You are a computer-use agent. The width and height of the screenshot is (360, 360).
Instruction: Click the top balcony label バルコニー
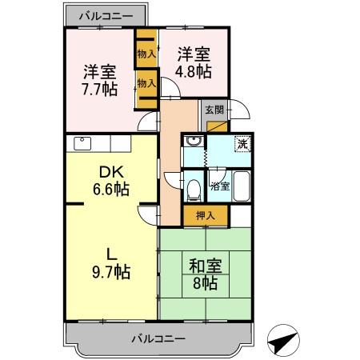pos(107,15)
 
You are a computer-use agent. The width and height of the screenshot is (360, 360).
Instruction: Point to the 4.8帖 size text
pos(194,71)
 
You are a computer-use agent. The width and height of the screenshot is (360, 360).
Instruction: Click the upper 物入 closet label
pos(146,54)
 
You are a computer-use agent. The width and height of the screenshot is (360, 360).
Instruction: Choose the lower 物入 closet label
pos(146,82)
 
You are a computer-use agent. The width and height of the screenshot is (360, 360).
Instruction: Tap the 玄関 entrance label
pos(214,109)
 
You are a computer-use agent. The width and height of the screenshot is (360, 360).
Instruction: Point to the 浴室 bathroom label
pos(220,187)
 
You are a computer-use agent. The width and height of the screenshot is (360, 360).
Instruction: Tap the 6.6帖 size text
pos(110,190)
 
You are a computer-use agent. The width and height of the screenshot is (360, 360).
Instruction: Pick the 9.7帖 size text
pos(110,272)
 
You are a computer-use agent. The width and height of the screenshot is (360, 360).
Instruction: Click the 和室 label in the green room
pos(203,264)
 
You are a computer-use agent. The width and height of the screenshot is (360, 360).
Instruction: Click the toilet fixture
pos(194,190)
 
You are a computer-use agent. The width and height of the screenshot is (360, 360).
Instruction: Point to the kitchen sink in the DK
pos(82,145)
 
